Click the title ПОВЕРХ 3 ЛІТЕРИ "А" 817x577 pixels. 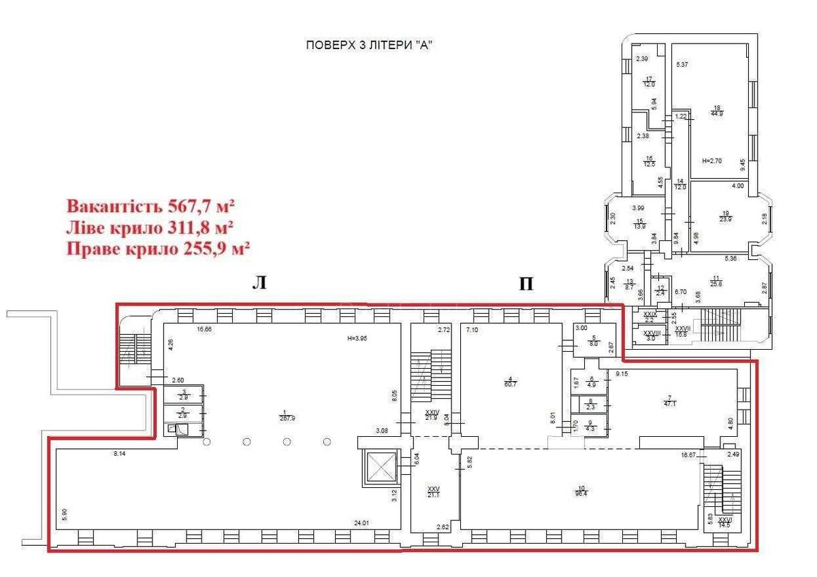(x=370, y=46)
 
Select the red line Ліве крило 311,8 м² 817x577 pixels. (x=150, y=227)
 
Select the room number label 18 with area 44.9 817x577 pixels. (x=716, y=110)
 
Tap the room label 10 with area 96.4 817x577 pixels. (x=581, y=491)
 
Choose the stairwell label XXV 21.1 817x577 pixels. (x=434, y=492)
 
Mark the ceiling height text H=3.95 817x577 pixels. (x=357, y=338)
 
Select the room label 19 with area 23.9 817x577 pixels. (x=725, y=216)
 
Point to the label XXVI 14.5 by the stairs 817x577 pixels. (x=724, y=523)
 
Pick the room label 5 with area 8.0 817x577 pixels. (x=593, y=341)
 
